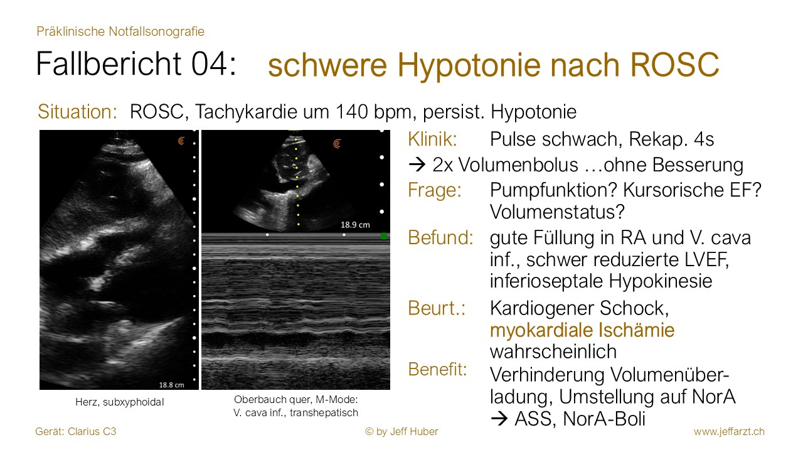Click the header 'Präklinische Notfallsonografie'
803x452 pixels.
pos(120,31)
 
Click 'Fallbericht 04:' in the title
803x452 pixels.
pos(136,63)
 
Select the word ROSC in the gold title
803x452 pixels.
pos(674,65)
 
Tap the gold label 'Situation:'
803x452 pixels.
pos(77,112)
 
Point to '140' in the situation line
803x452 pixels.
pos(352,112)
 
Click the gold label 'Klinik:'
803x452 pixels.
pos(433,139)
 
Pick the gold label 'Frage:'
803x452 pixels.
pos(435,190)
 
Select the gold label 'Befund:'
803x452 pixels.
pos(440,237)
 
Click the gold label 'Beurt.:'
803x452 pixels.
pos(437,308)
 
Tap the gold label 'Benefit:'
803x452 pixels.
pos(437,369)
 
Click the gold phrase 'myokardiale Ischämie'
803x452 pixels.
pos(582,330)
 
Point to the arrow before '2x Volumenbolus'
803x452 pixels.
pos(417,165)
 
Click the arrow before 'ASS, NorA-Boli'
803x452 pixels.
pos(499,419)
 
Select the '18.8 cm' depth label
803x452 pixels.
pos(171,385)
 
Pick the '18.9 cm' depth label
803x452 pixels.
pos(355,225)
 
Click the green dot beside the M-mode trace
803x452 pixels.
pos(383,236)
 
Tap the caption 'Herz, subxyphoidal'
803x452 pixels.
pos(120,402)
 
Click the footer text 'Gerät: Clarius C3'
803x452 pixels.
pos(76,431)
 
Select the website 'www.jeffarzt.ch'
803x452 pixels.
pos(729,431)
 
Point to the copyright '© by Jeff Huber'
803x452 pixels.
pos(401,431)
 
